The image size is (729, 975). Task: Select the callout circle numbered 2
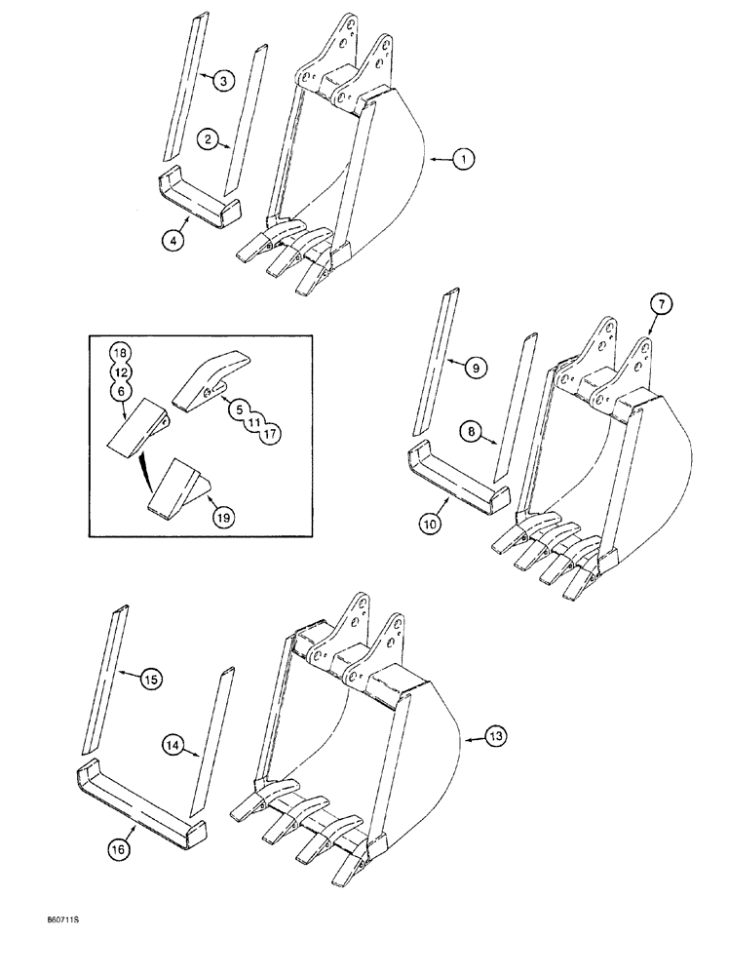click(208, 140)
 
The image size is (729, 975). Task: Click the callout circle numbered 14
click(173, 747)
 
